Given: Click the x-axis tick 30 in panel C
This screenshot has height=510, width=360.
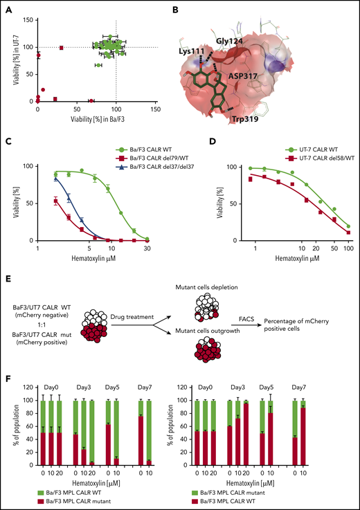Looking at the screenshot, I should coord(147,248).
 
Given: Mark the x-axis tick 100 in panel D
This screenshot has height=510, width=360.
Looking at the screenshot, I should coord(345,248).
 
